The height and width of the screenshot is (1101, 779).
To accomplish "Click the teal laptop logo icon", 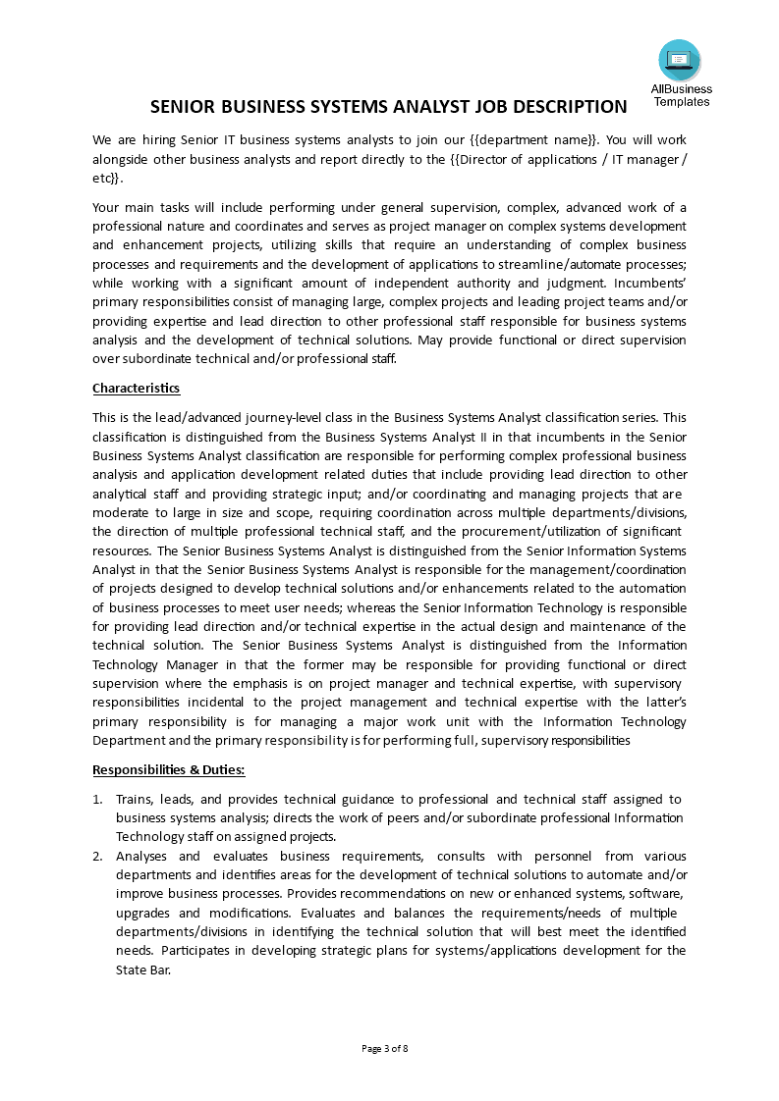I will pyautogui.click(x=680, y=61).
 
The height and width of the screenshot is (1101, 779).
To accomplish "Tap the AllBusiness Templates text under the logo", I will pyautogui.click(x=681, y=95).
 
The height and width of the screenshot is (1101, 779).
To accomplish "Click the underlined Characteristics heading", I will pyautogui.click(x=136, y=388).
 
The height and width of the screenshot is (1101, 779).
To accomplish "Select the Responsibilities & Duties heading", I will pyautogui.click(x=168, y=769).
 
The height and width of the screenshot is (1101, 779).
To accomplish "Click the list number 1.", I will pyautogui.click(x=97, y=799).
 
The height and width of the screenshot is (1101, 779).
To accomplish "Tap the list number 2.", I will pyautogui.click(x=97, y=856).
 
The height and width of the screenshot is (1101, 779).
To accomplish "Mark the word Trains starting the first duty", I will pyautogui.click(x=135, y=799).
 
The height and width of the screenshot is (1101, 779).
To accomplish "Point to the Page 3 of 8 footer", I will pyautogui.click(x=385, y=1048).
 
